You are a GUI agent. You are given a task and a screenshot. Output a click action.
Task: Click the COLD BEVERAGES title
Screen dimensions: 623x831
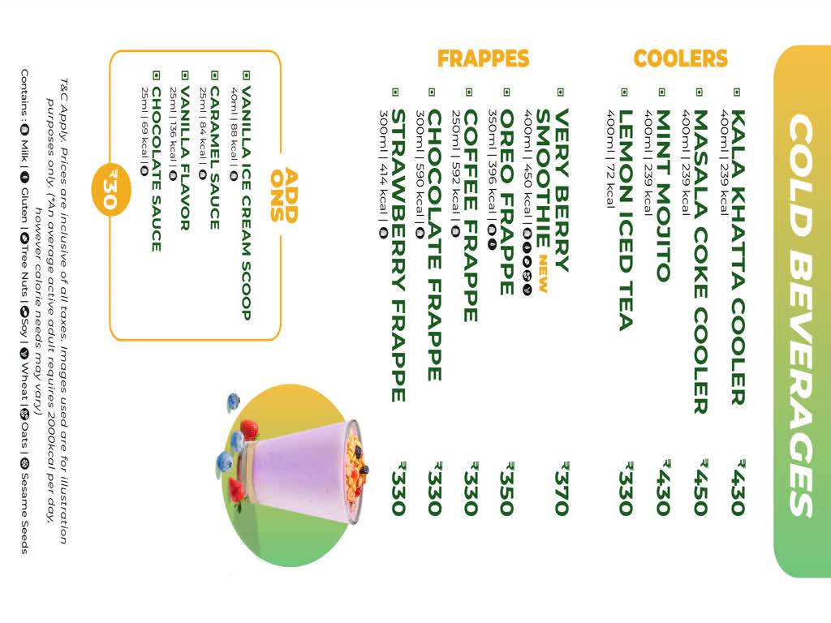click(802, 313)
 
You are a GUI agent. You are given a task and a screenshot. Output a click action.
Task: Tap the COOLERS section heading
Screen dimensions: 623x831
click(681, 58)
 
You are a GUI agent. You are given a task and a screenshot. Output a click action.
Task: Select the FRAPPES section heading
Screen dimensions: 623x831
click(483, 58)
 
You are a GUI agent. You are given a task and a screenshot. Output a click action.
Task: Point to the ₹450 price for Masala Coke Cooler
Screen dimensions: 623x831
click(700, 487)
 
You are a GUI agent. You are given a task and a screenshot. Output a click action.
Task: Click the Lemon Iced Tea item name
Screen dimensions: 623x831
click(626, 220)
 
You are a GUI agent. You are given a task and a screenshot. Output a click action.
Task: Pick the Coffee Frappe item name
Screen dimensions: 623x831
click(471, 215)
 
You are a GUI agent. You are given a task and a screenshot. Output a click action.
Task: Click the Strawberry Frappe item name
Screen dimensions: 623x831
click(398, 256)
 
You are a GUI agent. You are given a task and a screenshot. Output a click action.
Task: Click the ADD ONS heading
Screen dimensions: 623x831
click(285, 195)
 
